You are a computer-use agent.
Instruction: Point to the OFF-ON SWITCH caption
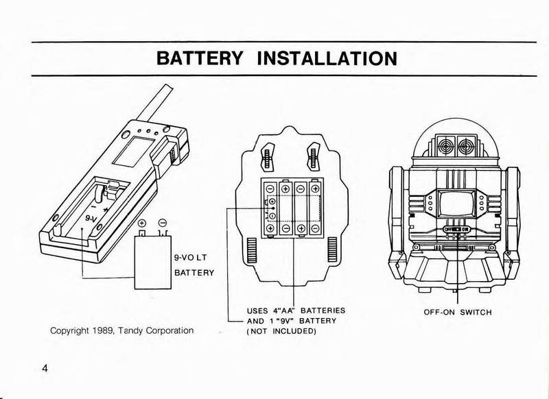coord(458,313)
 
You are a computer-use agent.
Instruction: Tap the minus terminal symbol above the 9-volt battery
coord(163,223)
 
